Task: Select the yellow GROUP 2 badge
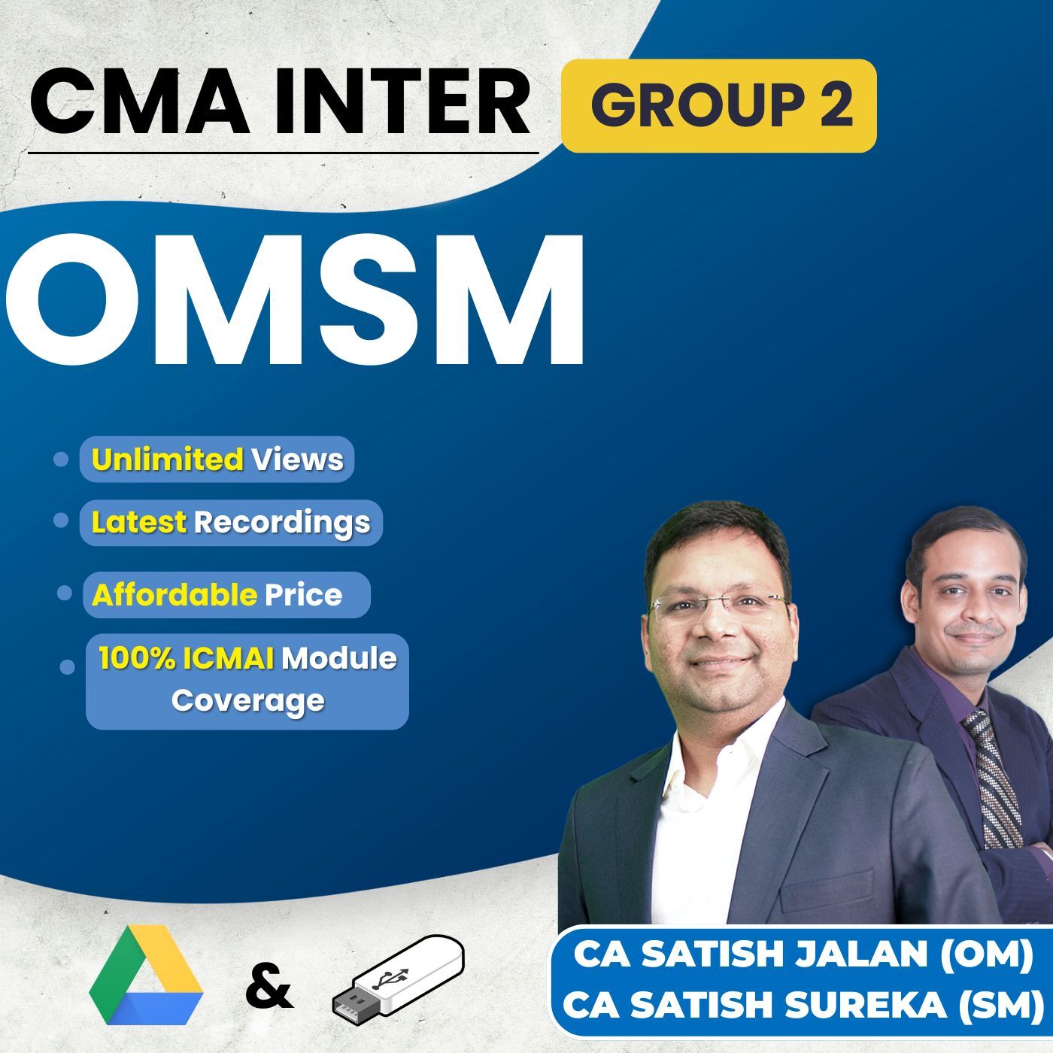(719, 106)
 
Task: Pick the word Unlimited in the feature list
(167, 460)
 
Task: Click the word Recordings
(282, 522)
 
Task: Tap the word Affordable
(174, 595)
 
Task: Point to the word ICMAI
(228, 659)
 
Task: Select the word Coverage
(247, 701)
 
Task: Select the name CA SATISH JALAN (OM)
(803, 954)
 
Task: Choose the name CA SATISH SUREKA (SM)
(803, 1005)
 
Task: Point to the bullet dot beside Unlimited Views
(61, 460)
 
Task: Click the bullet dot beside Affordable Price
(65, 593)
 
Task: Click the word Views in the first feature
(297, 460)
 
